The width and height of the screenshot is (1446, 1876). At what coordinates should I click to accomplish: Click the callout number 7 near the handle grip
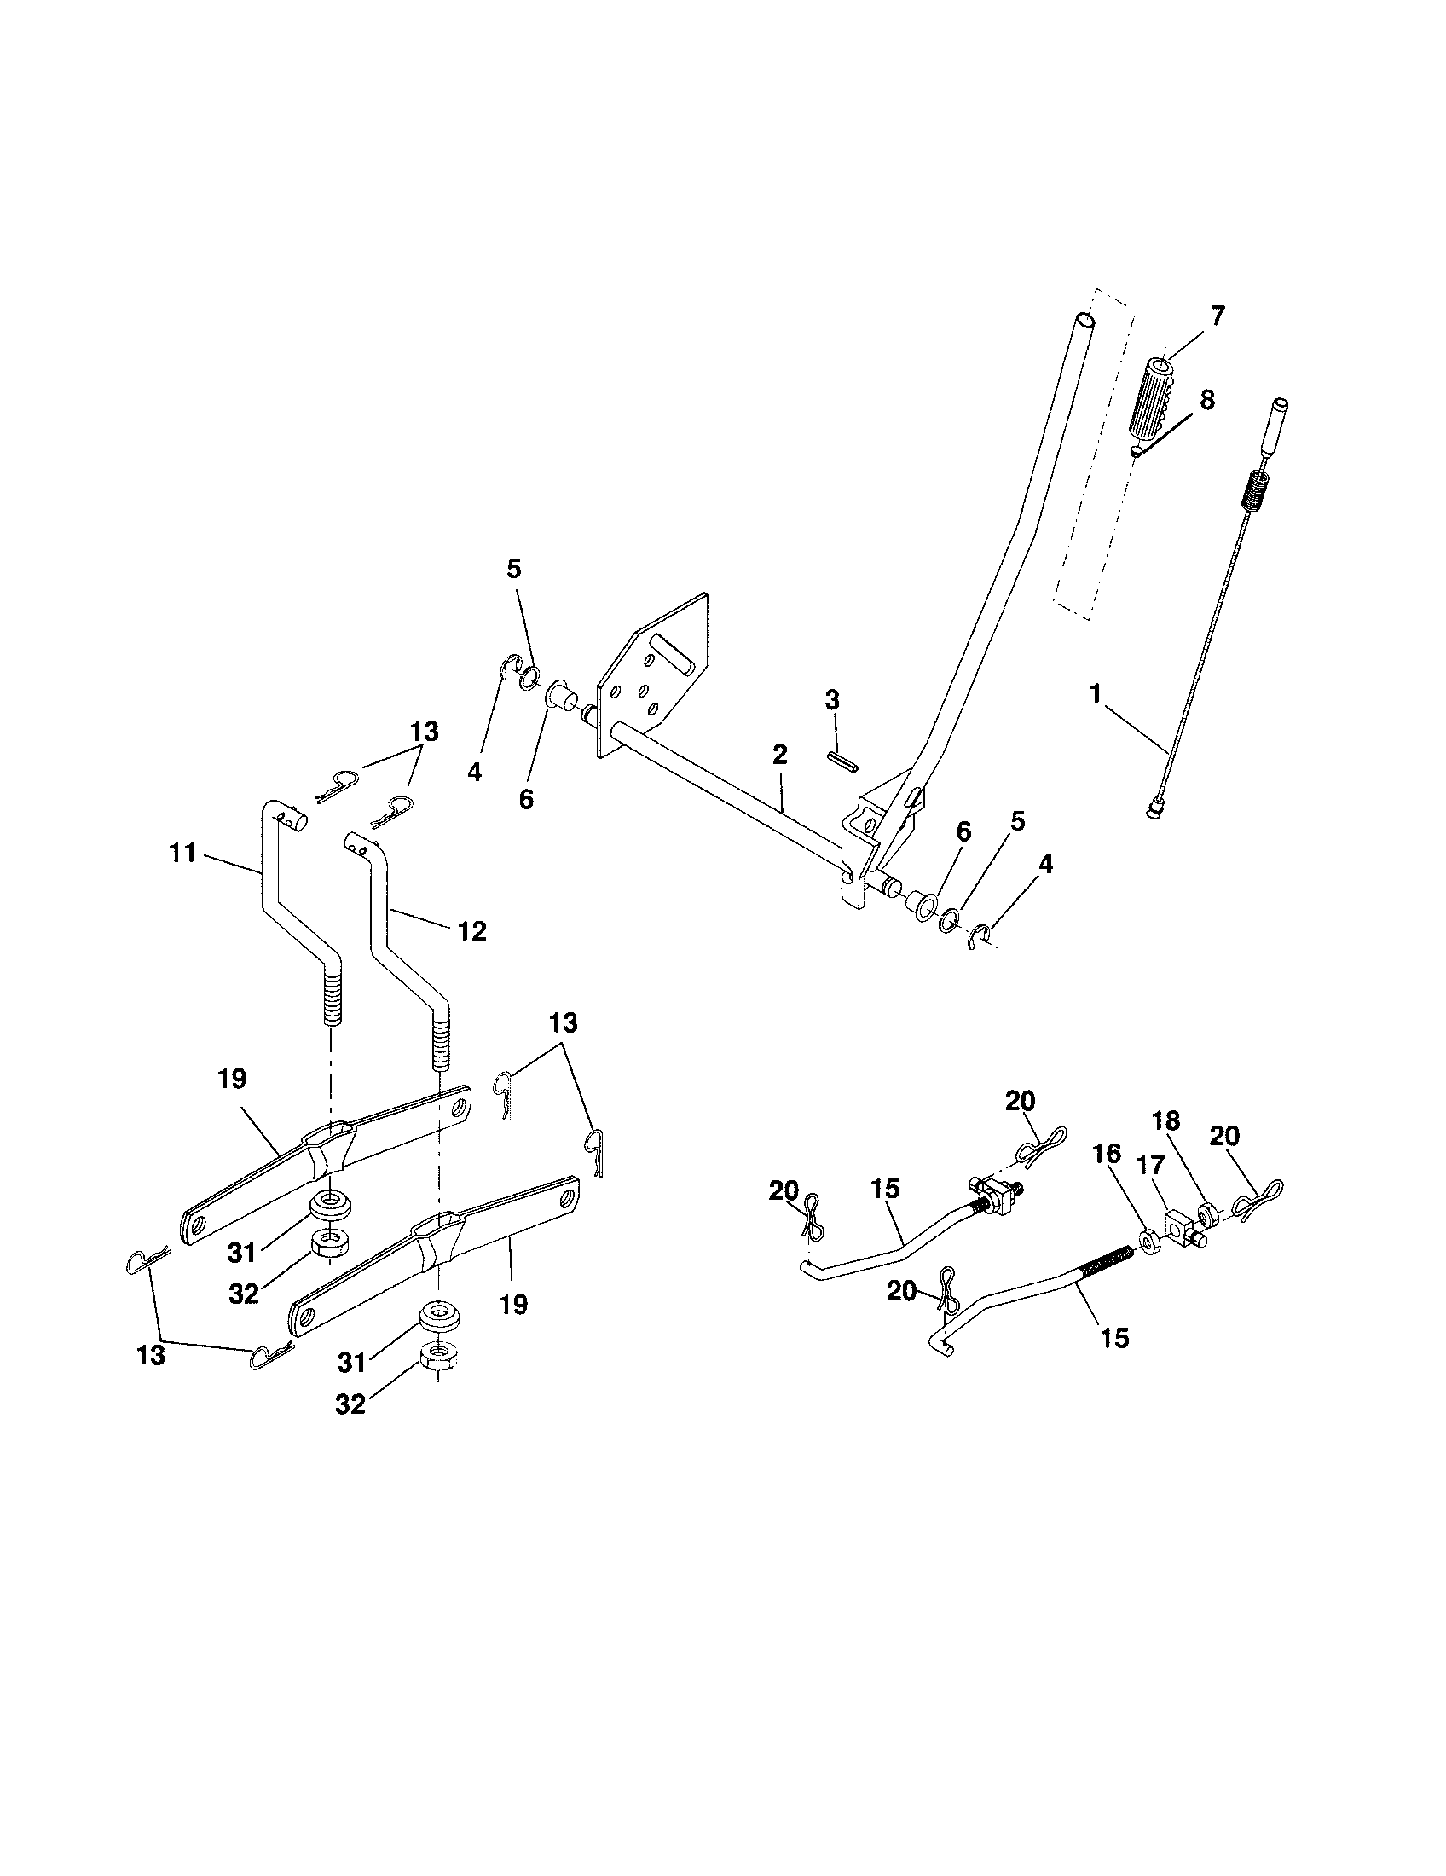coord(1218,316)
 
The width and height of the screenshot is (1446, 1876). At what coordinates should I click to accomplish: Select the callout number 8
coord(1206,400)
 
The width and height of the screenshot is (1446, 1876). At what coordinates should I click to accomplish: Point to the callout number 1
coord(1095,694)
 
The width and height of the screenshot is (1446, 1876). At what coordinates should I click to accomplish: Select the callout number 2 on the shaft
coord(778,755)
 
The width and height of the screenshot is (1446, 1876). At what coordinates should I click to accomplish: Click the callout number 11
coord(183,854)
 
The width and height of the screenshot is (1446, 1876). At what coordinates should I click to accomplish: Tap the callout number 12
coord(472,931)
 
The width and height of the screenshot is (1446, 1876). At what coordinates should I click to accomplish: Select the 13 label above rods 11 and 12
coord(425,732)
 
